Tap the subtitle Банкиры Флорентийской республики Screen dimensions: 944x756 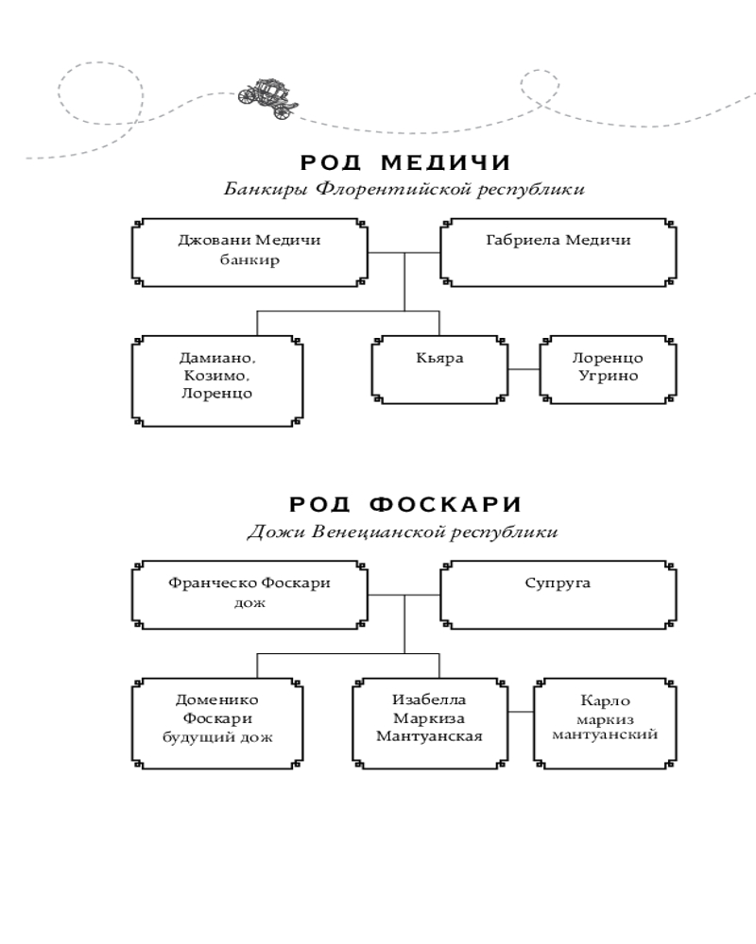(x=404, y=189)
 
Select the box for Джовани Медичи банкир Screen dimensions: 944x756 (x=249, y=252)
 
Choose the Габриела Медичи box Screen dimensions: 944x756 (x=558, y=252)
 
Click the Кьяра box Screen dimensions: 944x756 (x=439, y=368)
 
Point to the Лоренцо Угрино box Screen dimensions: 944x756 (x=608, y=368)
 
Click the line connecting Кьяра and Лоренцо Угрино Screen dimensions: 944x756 (x=523, y=368)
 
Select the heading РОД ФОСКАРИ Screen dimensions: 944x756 (x=404, y=505)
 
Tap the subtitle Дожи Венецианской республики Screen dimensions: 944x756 (x=403, y=532)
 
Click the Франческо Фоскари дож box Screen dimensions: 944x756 (x=249, y=594)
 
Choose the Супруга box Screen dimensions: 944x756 (x=558, y=594)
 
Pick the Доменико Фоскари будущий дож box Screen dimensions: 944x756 (x=218, y=718)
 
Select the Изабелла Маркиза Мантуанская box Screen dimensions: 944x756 (x=429, y=718)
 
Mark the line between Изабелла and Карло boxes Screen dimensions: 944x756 (x=520, y=711)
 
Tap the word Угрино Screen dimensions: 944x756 (x=608, y=377)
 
